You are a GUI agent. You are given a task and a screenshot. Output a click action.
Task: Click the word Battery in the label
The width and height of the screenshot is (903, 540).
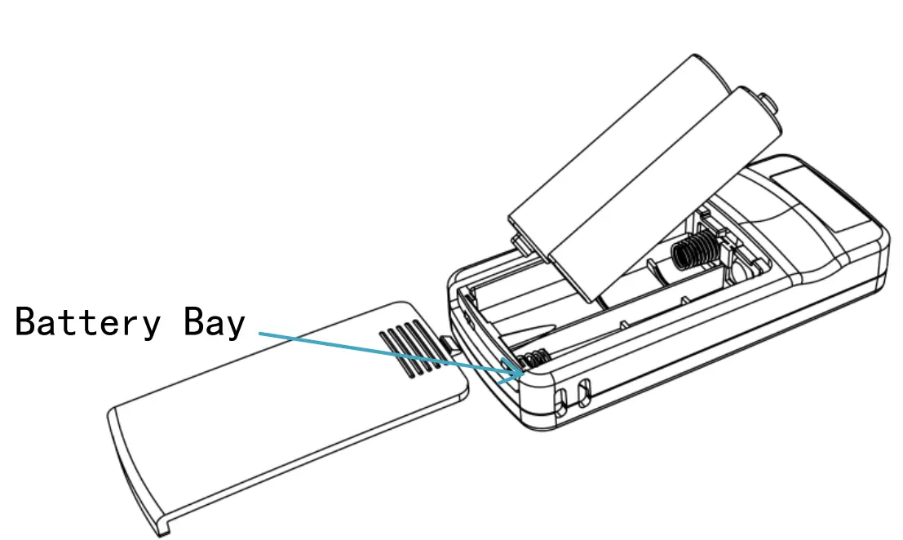[87, 322]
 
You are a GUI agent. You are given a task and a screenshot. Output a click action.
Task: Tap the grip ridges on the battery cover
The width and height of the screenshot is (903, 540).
[410, 349]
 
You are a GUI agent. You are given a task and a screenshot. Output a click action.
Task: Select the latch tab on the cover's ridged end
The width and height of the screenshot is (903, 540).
[451, 343]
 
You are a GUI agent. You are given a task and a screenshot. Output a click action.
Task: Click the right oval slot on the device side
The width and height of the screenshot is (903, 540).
[584, 392]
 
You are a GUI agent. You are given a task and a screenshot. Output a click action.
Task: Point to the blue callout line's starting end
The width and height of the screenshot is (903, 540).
[259, 333]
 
